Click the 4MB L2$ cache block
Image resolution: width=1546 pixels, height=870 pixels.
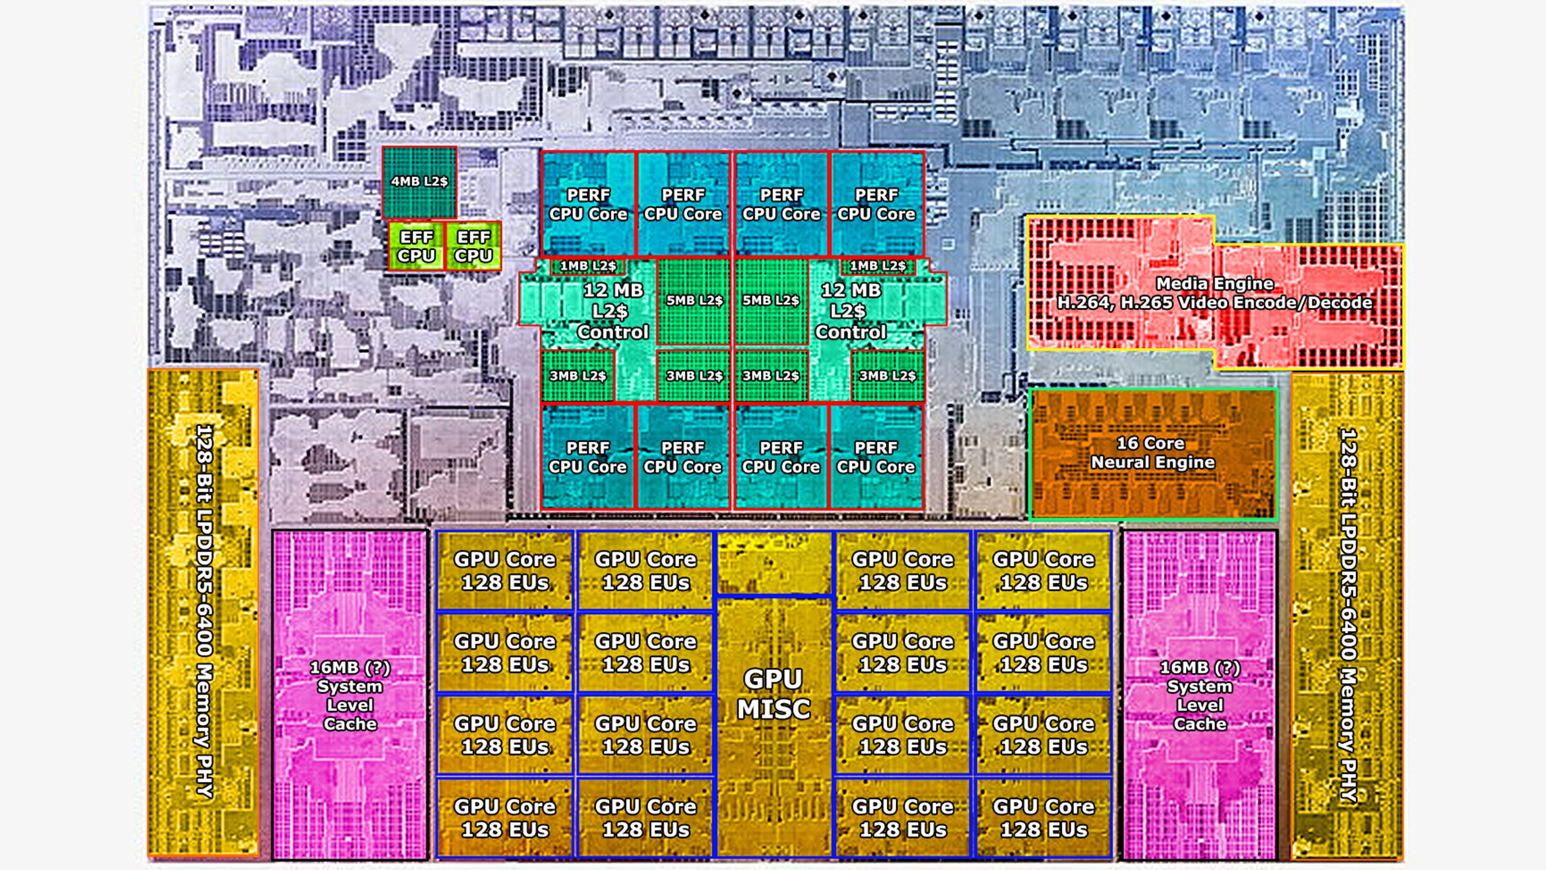click(419, 181)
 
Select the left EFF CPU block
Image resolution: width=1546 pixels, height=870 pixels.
click(416, 246)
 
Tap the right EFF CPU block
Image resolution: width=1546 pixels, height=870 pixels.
click(473, 246)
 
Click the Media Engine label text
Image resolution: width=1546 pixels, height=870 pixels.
click(1215, 293)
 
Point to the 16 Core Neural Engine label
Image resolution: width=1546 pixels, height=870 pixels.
click(1152, 453)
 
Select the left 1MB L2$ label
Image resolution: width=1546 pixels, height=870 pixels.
click(587, 265)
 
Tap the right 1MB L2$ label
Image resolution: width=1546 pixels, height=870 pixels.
click(877, 265)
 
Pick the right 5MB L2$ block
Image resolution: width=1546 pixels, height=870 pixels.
click(771, 300)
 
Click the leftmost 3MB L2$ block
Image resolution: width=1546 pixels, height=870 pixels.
click(577, 376)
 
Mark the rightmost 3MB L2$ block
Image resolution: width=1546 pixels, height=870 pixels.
click(887, 376)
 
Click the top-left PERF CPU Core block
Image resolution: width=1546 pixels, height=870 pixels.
click(588, 204)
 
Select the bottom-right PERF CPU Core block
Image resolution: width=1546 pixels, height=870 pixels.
click(876, 457)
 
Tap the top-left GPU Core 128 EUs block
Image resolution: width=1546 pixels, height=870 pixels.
click(505, 570)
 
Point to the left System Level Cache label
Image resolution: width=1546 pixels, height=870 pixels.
click(350, 695)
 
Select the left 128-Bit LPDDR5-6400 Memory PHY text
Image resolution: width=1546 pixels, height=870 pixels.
click(204, 611)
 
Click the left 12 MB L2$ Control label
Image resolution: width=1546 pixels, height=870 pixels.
click(612, 311)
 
